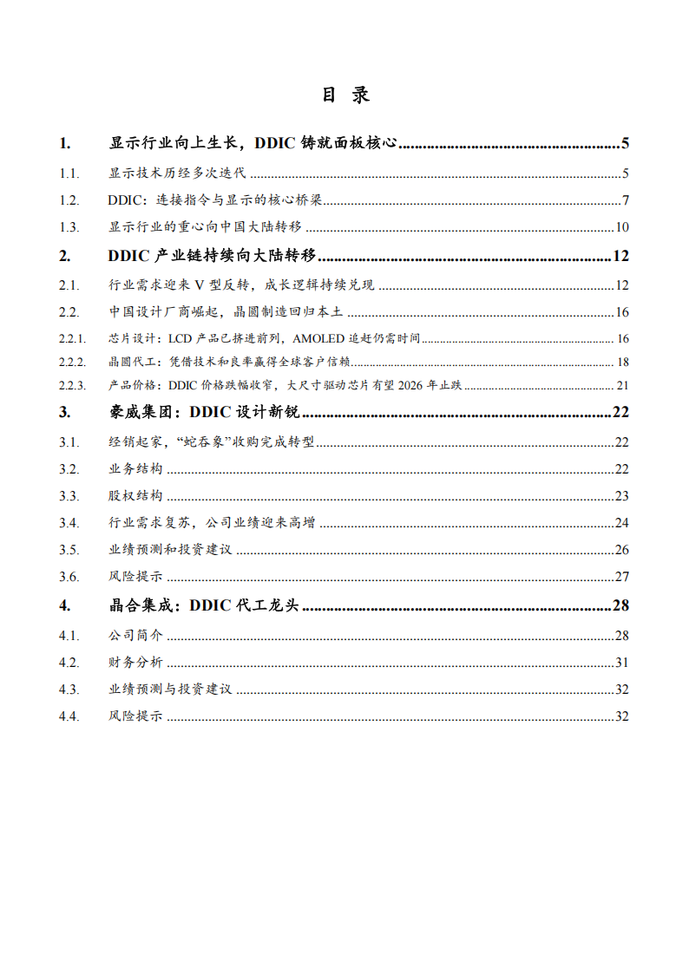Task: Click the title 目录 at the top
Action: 345,95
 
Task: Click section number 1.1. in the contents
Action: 69,173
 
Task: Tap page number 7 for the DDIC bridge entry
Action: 625,201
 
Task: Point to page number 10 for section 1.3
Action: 621,228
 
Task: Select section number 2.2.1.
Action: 73,338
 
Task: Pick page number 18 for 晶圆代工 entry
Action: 622,362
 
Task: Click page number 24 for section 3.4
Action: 621,523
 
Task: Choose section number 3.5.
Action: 69,550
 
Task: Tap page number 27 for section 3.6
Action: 621,577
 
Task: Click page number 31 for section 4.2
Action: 621,663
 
